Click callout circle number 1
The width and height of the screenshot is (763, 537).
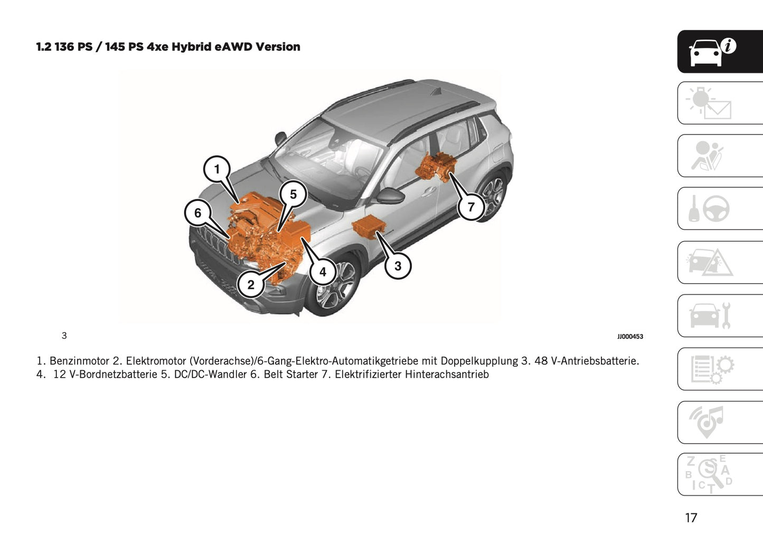point(216,169)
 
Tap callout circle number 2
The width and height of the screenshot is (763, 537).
point(251,285)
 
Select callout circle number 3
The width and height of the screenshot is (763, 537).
point(398,266)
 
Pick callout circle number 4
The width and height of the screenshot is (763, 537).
point(323,272)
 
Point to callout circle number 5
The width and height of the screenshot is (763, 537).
point(293,195)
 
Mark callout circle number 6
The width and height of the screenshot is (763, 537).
point(197,213)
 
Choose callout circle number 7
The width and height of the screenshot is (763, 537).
point(471,207)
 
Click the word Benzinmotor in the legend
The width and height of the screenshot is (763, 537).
point(79,361)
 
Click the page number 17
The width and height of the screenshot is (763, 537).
point(691,518)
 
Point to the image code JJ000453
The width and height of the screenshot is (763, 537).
point(630,337)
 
